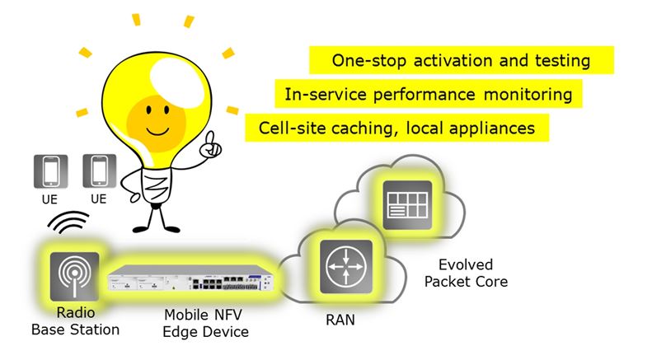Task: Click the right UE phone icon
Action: pos(99,171)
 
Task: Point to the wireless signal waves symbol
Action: pos(67,222)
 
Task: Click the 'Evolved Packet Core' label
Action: pos(471,274)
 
